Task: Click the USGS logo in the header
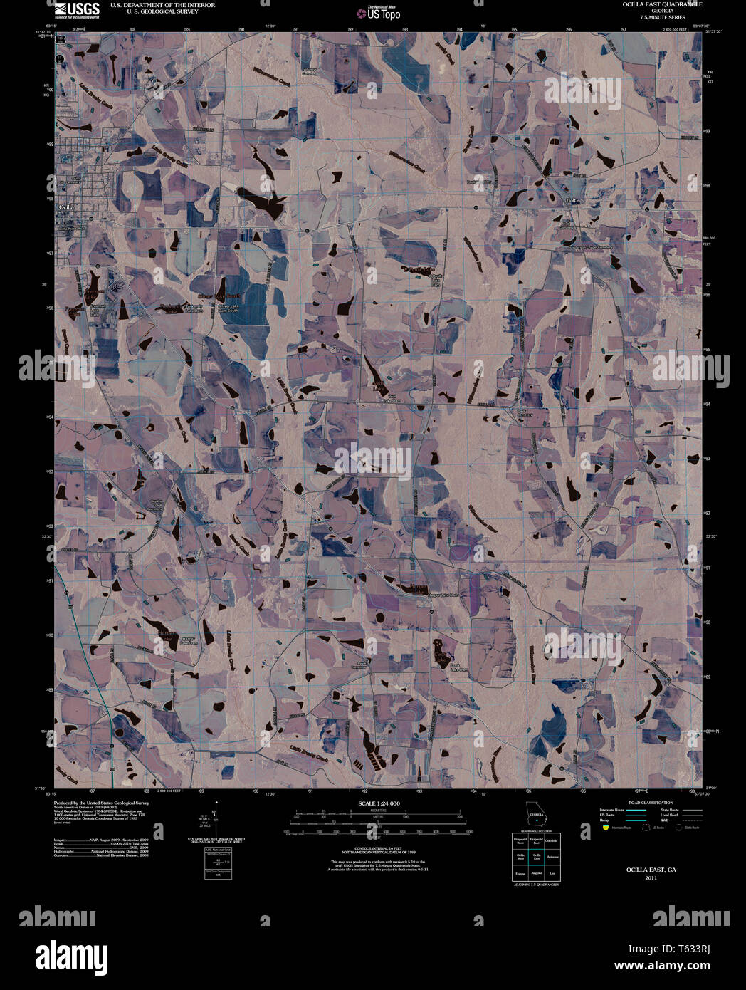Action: pyautogui.click(x=78, y=9)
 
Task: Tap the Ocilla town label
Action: pyautogui.click(x=66, y=207)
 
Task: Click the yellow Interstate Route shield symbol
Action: pyautogui.click(x=605, y=828)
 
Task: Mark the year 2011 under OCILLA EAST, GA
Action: pyautogui.click(x=651, y=878)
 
